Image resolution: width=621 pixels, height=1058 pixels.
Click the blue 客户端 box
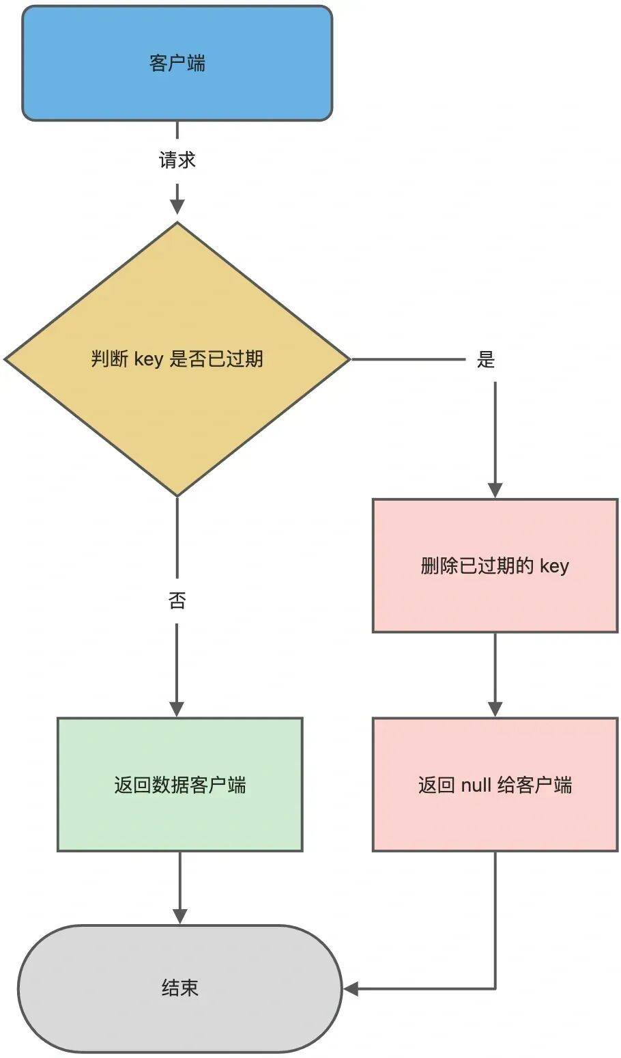(x=177, y=64)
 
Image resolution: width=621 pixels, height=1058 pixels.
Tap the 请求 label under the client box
(x=177, y=161)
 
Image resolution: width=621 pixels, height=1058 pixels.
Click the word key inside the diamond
(x=148, y=359)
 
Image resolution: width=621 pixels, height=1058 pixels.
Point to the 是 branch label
(x=485, y=360)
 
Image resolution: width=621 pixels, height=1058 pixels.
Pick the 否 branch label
(x=177, y=601)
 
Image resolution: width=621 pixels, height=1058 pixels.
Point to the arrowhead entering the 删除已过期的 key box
(x=495, y=490)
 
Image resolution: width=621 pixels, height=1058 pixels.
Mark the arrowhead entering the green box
(x=177, y=709)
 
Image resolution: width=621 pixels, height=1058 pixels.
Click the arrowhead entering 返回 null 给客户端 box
(x=495, y=709)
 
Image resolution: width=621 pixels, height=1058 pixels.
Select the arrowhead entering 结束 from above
(x=180, y=916)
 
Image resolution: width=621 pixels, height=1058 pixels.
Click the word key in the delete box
(x=554, y=566)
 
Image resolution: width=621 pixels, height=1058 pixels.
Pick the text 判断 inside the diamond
(x=110, y=359)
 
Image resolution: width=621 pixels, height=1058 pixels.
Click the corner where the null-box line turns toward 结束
(x=495, y=988)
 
